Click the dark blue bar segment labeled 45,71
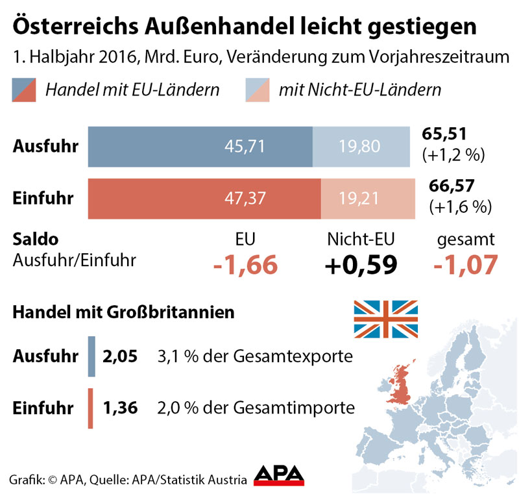click(x=200, y=146)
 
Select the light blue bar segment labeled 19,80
click(x=361, y=146)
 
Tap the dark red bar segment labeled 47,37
click(x=204, y=199)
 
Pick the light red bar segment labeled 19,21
click(x=365, y=199)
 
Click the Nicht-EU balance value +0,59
click(x=361, y=265)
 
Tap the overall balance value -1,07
click(x=466, y=265)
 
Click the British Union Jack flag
click(x=385, y=319)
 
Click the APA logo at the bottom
click(x=279, y=475)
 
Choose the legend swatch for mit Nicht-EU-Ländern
click(x=258, y=90)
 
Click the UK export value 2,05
click(x=120, y=356)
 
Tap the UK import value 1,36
click(x=120, y=408)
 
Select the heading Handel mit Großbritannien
click(x=124, y=312)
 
